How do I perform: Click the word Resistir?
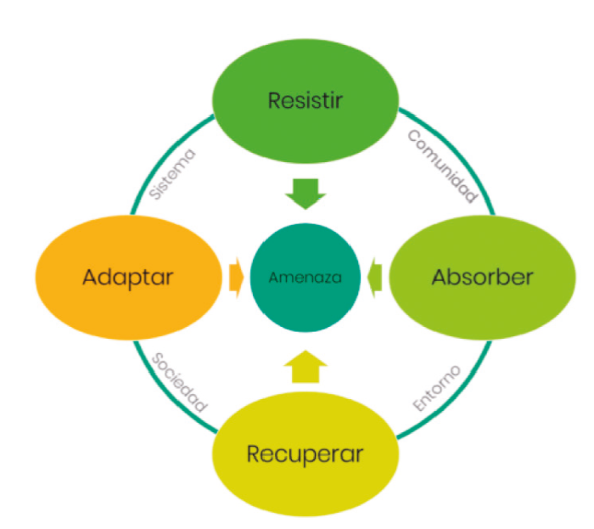point(305,100)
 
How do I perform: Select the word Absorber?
point(482,277)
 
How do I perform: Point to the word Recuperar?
point(305,453)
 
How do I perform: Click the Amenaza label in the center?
point(305,278)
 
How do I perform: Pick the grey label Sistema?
point(172,175)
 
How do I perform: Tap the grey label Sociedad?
point(179,381)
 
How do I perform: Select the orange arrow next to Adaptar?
point(235,277)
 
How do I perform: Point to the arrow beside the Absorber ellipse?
point(375,277)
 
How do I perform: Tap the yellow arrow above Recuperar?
point(305,365)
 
